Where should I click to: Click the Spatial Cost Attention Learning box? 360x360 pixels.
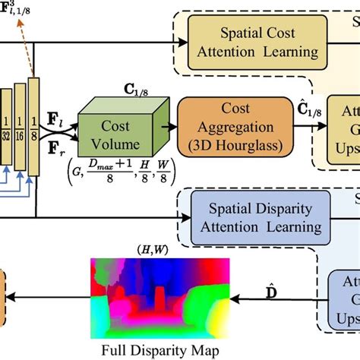coord(258,42)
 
